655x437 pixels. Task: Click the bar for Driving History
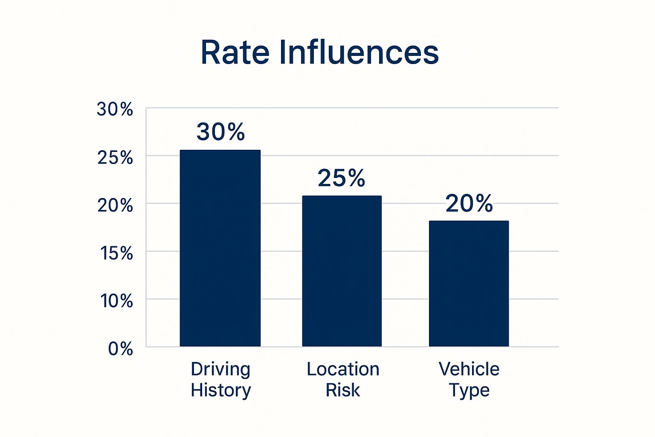coord(220,248)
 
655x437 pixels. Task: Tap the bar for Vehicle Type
coord(469,283)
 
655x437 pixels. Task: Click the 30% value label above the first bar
coord(220,132)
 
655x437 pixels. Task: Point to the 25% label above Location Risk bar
coord(341,178)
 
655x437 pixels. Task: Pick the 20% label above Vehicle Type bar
coord(469,203)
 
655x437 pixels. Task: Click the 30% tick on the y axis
coord(115,110)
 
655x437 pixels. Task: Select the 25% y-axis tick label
coord(115,158)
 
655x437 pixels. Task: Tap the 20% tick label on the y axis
coord(115,206)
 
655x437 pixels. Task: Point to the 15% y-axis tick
coord(116,253)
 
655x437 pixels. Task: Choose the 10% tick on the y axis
coord(116,301)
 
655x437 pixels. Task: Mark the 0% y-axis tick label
coord(120,349)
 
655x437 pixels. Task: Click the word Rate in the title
coord(235,52)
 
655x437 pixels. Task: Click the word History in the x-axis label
coord(220,390)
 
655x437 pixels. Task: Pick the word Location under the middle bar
coord(343,369)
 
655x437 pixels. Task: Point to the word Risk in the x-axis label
coord(342,390)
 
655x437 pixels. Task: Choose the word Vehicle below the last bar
coord(469,369)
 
